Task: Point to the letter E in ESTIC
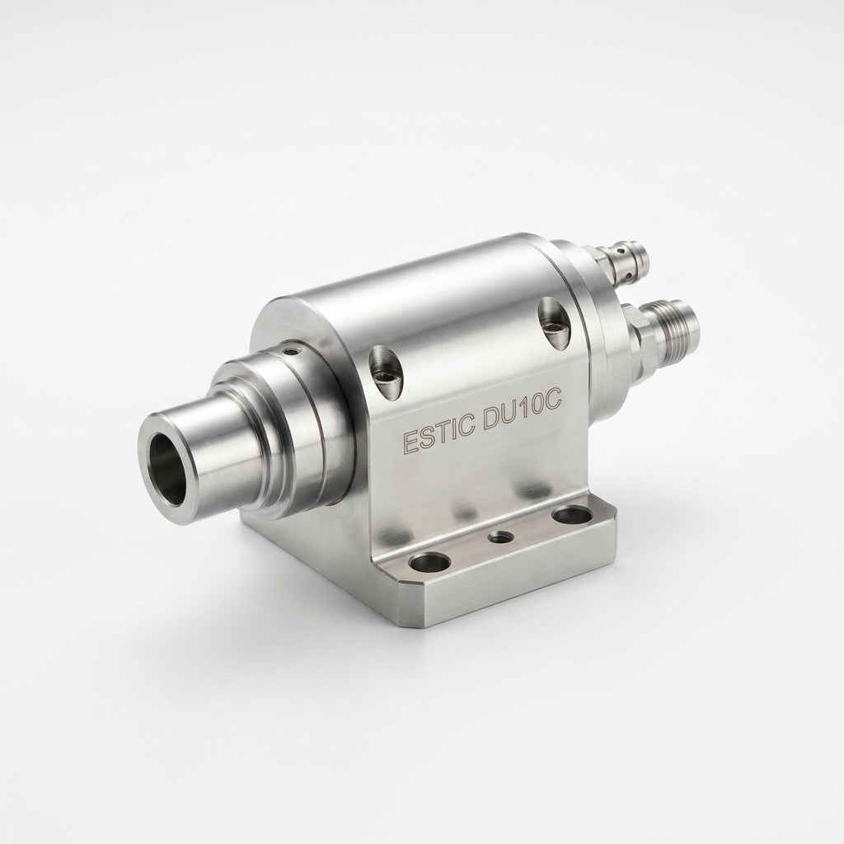pyautogui.click(x=410, y=442)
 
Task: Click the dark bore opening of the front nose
pyautogui.click(x=165, y=469)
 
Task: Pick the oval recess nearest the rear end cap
pyautogui.click(x=554, y=322)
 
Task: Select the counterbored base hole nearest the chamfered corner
pyautogui.click(x=429, y=562)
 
